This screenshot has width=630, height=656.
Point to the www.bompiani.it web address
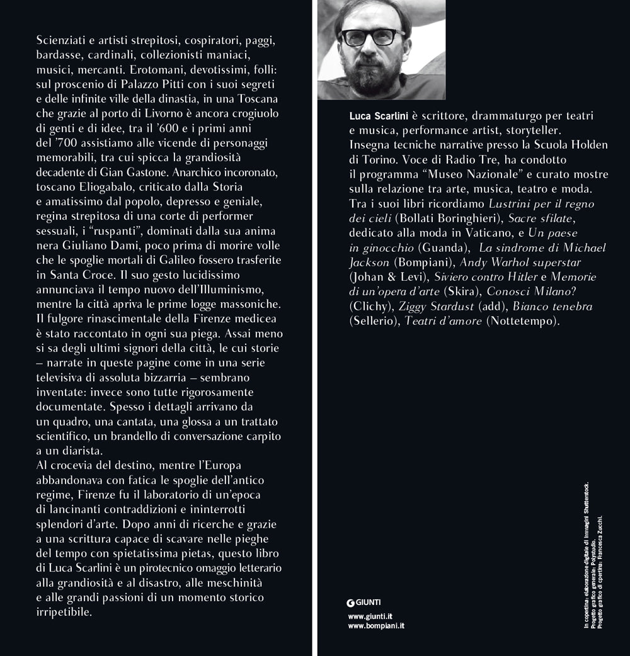376,626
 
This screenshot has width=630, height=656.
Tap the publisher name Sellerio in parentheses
372,321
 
